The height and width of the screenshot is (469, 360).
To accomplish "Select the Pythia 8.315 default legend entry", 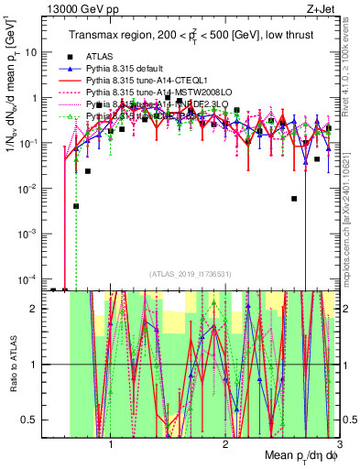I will pos(127,70).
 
